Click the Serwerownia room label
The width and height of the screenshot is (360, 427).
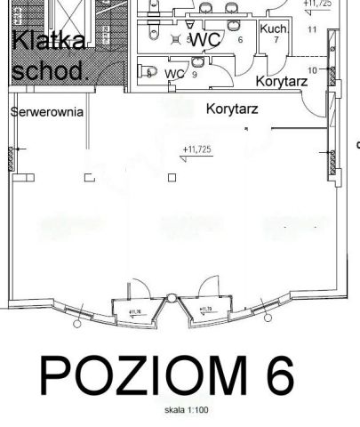(47, 113)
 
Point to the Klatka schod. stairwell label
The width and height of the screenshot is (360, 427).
(49, 55)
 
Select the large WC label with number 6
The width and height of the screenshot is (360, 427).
(206, 40)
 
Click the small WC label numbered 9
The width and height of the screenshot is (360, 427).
(175, 74)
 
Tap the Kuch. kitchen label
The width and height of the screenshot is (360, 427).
(273, 29)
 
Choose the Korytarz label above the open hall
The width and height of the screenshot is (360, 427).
(231, 109)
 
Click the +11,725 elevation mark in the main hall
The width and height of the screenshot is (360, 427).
(197, 149)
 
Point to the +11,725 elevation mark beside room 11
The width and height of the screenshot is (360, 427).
(317, 4)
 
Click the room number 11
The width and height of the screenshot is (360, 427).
(312, 30)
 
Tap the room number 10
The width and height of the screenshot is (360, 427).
(312, 69)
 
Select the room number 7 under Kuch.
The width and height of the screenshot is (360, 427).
(276, 41)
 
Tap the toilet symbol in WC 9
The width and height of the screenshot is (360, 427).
(151, 73)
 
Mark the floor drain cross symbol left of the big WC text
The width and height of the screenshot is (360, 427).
(176, 40)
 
